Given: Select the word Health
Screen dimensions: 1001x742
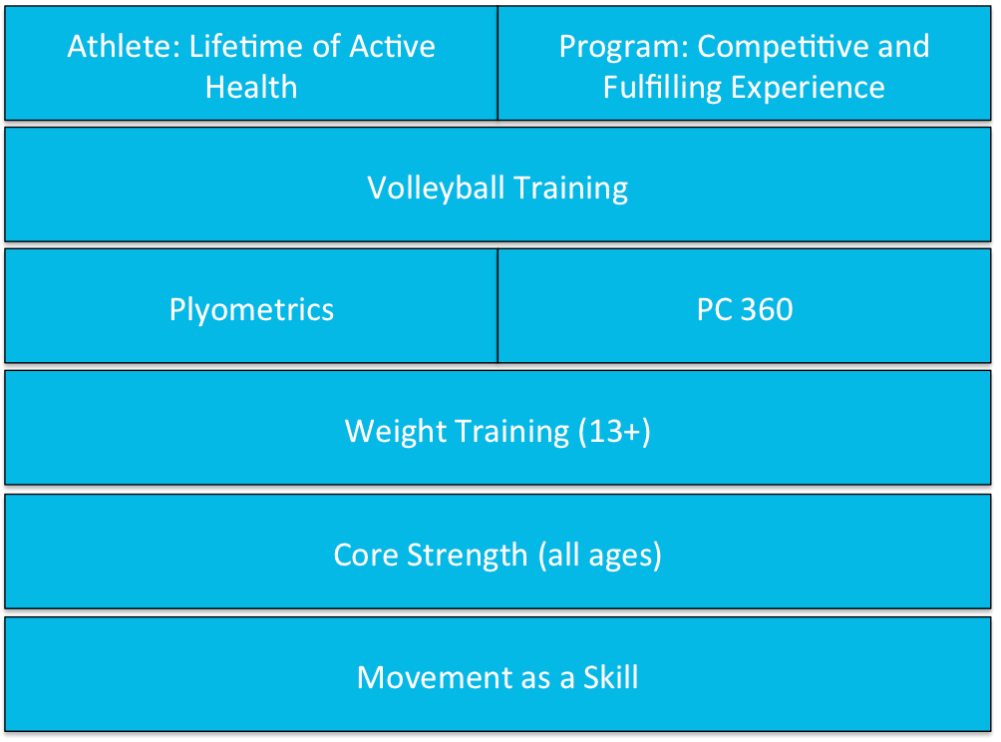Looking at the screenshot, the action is point(251,88).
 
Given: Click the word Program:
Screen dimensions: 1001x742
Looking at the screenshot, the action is point(623,48).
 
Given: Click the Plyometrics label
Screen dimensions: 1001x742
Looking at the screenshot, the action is point(251,310).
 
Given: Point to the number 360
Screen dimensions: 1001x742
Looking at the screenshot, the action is point(767,310).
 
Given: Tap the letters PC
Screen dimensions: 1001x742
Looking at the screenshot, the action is point(715,310).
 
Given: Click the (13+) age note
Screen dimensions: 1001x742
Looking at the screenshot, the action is point(614,432).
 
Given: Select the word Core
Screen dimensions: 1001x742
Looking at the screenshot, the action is point(367,555).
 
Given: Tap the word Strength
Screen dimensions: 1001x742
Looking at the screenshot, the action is point(468,556).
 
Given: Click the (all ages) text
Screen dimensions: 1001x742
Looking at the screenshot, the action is point(599,556).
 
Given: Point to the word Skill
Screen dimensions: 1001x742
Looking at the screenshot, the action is point(611,677).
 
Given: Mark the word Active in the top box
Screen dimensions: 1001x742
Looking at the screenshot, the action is point(392,47).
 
